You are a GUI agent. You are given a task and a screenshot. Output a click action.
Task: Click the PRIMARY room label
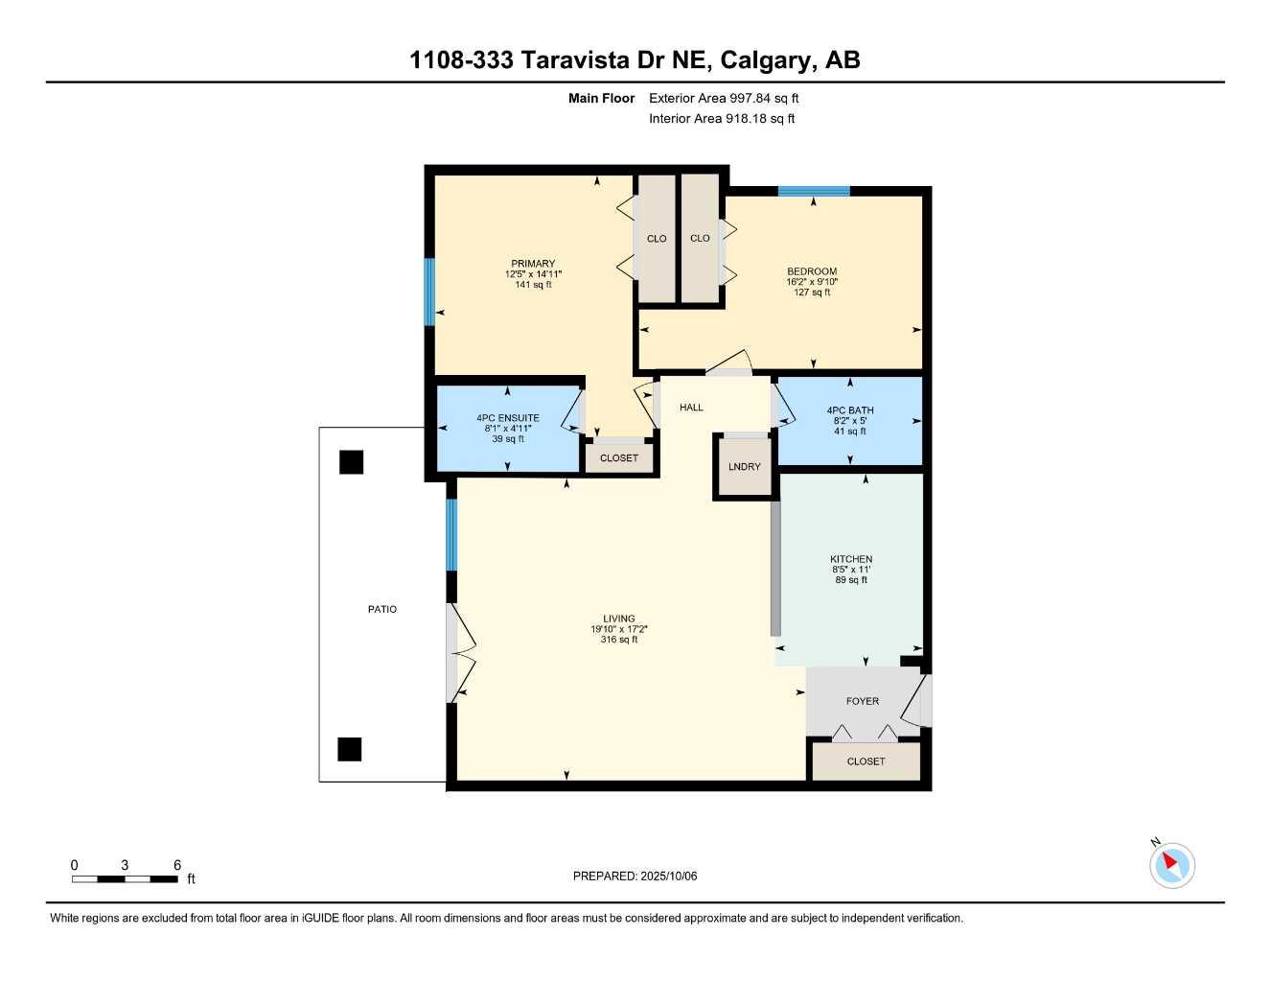[x=533, y=264]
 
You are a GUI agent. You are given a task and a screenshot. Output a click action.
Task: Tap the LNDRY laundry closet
[x=745, y=467]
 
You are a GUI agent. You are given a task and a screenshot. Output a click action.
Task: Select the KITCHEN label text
[x=851, y=559]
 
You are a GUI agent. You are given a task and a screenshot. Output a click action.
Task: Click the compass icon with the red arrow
[x=1171, y=865]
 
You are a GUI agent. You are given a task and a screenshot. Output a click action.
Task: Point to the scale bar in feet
[x=125, y=877]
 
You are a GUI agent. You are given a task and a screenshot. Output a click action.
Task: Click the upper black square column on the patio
[x=352, y=462]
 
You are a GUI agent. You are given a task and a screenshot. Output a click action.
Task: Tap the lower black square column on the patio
[x=350, y=749]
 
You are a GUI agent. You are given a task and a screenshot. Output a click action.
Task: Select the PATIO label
[x=382, y=609]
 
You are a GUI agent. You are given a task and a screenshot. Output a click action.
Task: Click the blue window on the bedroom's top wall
[x=814, y=191]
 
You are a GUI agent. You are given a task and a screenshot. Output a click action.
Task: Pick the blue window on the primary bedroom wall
[x=429, y=292]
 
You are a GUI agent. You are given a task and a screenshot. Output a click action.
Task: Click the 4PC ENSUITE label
[x=508, y=418]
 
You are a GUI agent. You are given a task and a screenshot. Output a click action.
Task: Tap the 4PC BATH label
[x=850, y=410]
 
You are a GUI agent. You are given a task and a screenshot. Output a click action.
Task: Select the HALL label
[x=691, y=408]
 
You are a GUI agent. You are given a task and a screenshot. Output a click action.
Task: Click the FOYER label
[x=863, y=701]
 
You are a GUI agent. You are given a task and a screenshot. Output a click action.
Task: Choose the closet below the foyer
[x=866, y=761]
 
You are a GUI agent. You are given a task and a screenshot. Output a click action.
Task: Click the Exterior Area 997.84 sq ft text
[x=724, y=98]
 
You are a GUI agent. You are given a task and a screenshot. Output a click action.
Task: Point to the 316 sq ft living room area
[x=619, y=640]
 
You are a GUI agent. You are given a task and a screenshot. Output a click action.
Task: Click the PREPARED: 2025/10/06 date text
[x=635, y=876]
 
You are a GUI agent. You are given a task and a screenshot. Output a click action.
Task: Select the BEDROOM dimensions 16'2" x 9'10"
[x=812, y=282]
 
